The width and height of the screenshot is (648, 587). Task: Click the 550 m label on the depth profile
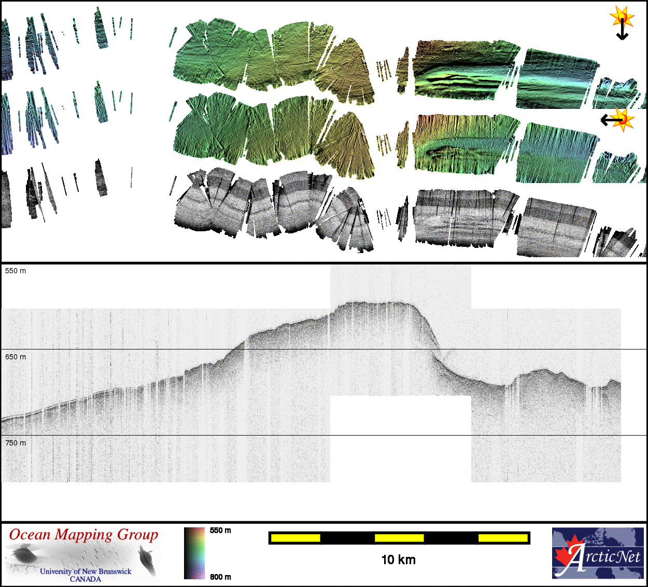click(15, 271)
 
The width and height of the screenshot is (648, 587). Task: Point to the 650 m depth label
click(15, 357)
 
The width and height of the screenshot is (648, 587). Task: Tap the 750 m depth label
click(15, 443)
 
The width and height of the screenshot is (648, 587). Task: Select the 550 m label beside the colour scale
click(220, 530)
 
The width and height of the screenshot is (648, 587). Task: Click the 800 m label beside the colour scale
click(220, 577)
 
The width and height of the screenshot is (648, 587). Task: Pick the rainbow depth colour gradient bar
click(194, 553)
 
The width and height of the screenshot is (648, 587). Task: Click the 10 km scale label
click(399, 560)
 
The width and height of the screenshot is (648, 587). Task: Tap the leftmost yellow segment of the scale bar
click(295, 538)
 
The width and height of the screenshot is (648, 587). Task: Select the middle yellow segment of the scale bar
click(399, 538)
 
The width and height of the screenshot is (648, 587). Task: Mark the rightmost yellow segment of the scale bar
click(503, 538)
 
